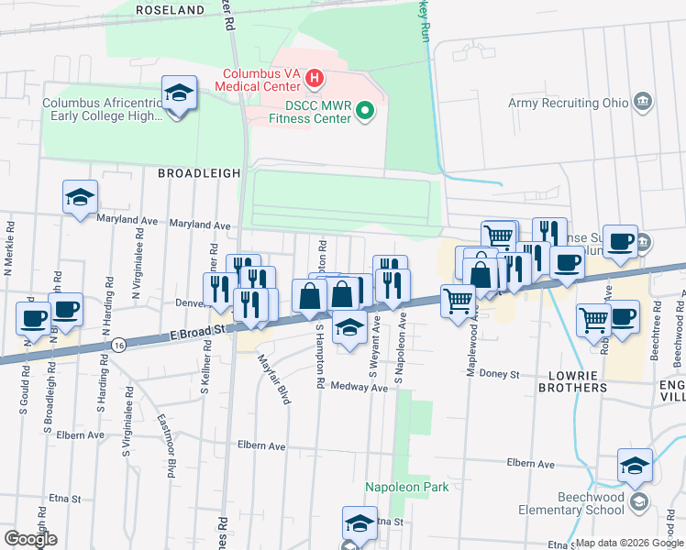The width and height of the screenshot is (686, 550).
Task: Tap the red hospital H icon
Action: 315,79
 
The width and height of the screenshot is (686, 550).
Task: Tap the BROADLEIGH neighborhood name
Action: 199,172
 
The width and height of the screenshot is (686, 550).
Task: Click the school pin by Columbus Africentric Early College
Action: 178,93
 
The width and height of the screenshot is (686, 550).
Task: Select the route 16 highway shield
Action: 120,343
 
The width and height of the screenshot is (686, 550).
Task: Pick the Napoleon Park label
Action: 406,487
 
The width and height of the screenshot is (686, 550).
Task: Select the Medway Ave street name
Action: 360,387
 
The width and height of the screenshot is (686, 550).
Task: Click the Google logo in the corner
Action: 30,539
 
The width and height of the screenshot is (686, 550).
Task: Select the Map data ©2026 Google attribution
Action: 629,543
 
